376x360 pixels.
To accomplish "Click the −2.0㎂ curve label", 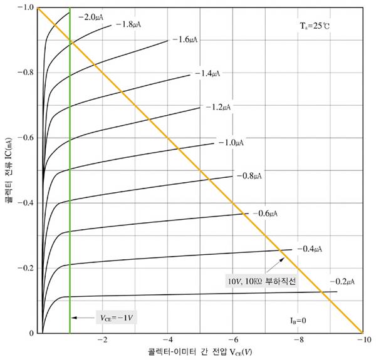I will click(92, 18).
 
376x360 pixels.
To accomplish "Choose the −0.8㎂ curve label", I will click(249, 176).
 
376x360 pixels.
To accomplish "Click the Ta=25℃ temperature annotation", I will click(313, 26).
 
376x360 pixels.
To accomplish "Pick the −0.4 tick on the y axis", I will click(26, 203).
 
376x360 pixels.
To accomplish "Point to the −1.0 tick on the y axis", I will click(26, 8).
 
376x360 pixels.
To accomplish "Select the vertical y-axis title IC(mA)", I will click(8, 169).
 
